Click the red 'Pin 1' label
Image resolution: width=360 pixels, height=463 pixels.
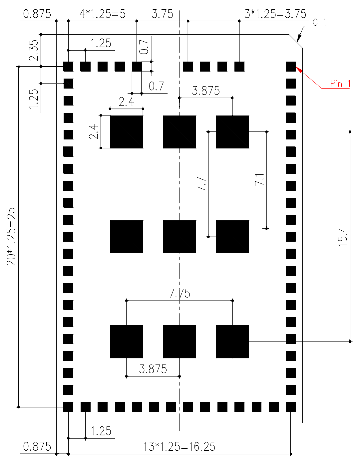(340, 84)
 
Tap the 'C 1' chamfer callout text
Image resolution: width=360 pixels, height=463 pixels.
(319, 22)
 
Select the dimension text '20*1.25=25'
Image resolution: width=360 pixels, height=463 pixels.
(11, 237)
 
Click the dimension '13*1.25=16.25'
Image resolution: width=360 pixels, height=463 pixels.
(179, 447)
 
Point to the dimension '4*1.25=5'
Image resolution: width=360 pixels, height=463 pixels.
(103, 14)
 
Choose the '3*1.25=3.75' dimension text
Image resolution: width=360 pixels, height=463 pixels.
(275, 14)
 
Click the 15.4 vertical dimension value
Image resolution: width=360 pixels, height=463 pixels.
(343, 237)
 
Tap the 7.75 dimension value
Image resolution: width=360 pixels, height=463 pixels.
(179, 293)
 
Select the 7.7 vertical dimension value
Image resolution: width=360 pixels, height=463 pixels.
(201, 184)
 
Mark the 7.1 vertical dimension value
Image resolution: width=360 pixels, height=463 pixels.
(259, 179)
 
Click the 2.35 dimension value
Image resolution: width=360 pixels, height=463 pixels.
(34, 50)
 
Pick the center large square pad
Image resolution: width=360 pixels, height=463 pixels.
(180, 237)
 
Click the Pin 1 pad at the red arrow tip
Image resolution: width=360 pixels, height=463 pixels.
(290, 67)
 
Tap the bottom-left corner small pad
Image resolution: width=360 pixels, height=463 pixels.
(68, 407)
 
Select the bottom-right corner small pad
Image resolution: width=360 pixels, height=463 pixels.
(290, 407)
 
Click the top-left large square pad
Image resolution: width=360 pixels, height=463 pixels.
(127, 132)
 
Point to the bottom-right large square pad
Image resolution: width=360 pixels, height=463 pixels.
(232, 342)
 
